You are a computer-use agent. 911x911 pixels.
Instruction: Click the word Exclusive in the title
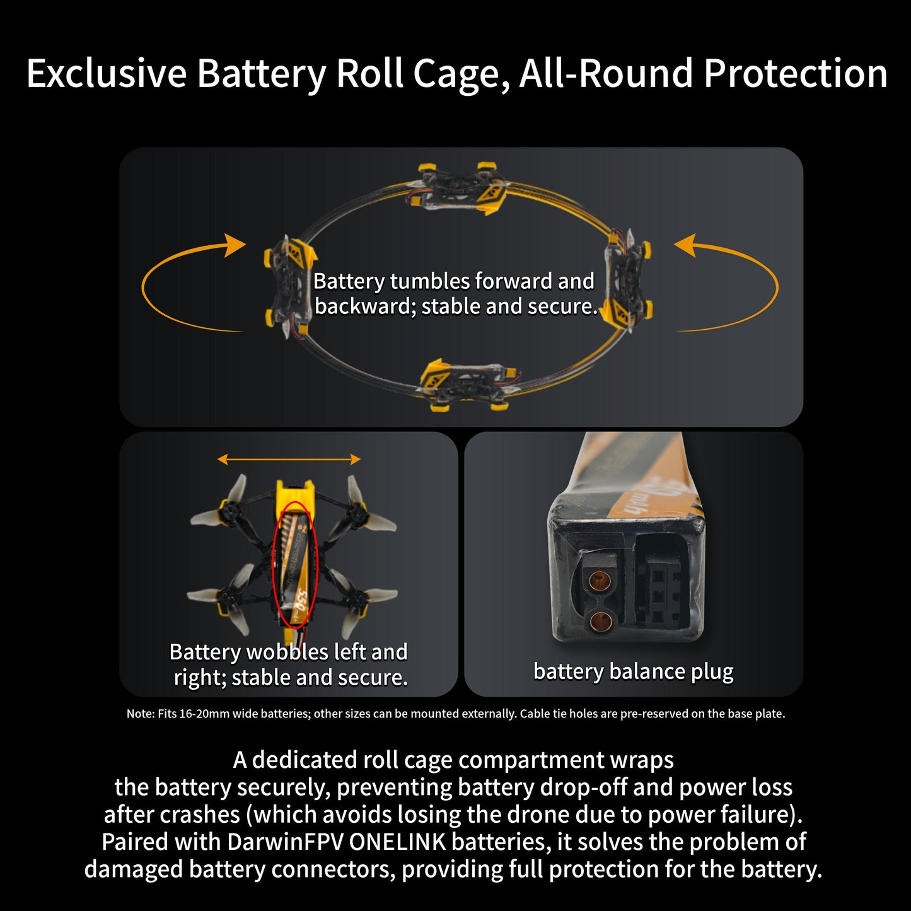coord(107,73)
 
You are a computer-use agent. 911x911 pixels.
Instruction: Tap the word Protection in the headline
coord(796,73)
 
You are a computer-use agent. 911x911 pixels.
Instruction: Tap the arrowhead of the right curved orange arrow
coord(684,245)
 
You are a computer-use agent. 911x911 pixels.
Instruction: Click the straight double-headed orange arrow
coord(289,458)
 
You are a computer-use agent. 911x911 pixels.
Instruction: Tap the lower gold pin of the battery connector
coord(599,619)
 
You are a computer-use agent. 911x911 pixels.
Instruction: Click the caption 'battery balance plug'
coord(633,672)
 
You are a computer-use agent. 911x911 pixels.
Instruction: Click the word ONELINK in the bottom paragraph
coord(398,842)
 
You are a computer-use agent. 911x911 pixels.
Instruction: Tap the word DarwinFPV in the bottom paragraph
coord(285,842)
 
